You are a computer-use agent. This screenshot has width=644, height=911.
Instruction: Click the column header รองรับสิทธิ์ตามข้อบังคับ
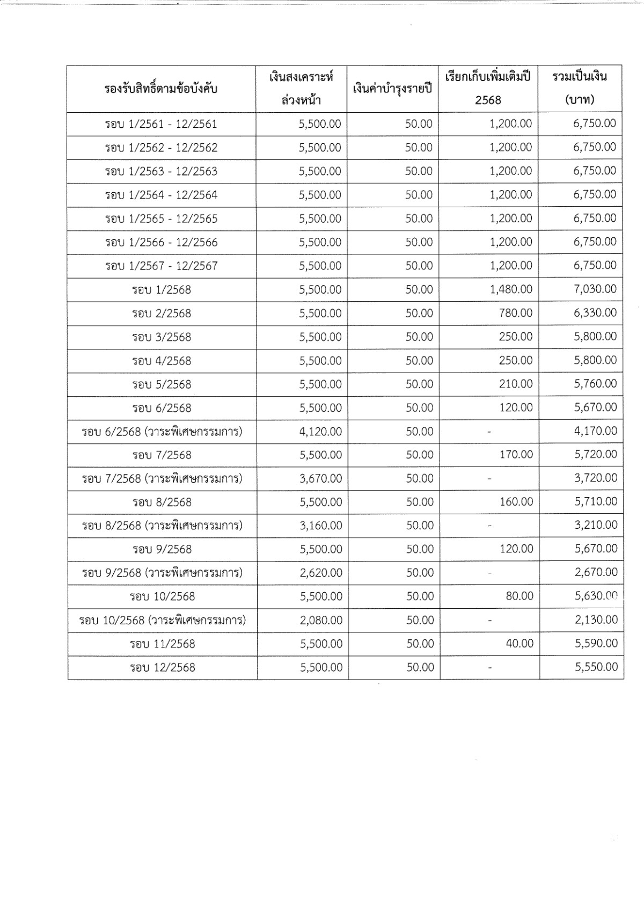point(161,89)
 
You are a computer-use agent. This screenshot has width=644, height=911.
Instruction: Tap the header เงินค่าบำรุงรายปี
point(392,89)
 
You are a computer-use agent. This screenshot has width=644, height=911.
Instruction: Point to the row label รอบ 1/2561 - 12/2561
point(161,125)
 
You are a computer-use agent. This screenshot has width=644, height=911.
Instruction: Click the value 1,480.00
point(510,289)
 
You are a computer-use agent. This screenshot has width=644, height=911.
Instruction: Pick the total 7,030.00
point(595,289)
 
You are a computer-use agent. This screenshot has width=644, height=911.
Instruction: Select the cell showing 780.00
point(515,313)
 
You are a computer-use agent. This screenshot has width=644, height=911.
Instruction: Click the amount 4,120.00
point(320,431)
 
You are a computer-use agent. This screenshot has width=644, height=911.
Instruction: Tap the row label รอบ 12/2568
point(162,667)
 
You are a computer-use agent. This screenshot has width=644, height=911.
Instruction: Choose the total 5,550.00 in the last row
point(596,667)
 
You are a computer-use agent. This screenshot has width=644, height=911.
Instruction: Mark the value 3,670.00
point(320,478)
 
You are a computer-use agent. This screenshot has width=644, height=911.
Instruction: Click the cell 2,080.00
point(321,620)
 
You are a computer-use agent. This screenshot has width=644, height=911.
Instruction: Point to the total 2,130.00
point(596,620)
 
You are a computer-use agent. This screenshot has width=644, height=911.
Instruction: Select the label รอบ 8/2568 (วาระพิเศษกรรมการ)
point(162,526)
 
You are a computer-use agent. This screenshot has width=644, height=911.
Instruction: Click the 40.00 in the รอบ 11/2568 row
point(519,644)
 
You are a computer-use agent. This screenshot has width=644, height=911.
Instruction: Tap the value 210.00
point(515,384)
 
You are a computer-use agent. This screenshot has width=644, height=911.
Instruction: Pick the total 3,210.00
point(596,526)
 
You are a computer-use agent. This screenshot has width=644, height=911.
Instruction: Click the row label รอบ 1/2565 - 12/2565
point(161,219)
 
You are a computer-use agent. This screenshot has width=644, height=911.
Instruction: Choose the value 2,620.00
point(321,573)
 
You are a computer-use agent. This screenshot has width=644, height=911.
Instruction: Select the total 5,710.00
point(596,502)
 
